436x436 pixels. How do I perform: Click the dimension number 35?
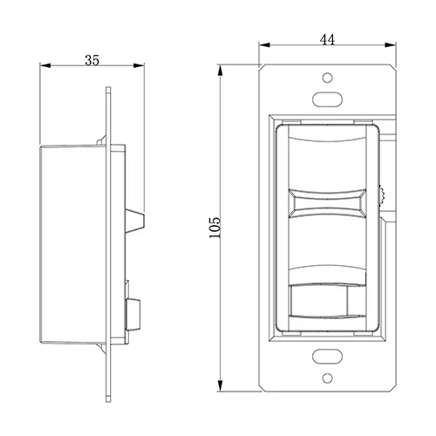pos(92,60)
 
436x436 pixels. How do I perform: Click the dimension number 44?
pos(327,40)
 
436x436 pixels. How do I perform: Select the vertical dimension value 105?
pos(215,228)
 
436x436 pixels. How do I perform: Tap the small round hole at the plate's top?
pos(328,78)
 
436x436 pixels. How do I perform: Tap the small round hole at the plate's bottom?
pos(328,378)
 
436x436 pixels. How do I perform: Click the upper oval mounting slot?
pos(327,99)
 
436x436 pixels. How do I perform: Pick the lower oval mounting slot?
pos(327,356)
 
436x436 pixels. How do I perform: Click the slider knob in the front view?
pos(327,203)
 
